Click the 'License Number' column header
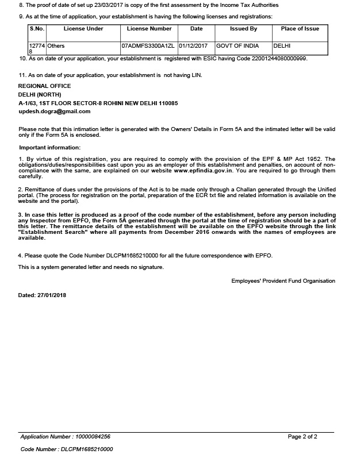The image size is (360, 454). (149, 29)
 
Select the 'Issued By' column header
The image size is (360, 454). (243, 29)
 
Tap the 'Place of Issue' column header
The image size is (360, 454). (300, 29)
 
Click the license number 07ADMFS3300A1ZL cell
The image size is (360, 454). (148, 45)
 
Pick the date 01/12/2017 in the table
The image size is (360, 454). (193, 45)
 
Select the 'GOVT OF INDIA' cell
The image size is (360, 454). (238, 45)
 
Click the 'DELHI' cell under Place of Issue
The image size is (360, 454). (282, 45)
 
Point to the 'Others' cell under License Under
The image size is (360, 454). (56, 45)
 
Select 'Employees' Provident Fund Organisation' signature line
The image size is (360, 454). (283, 281)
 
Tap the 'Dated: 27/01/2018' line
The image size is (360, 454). (43, 295)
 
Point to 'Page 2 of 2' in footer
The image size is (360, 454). (302, 437)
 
